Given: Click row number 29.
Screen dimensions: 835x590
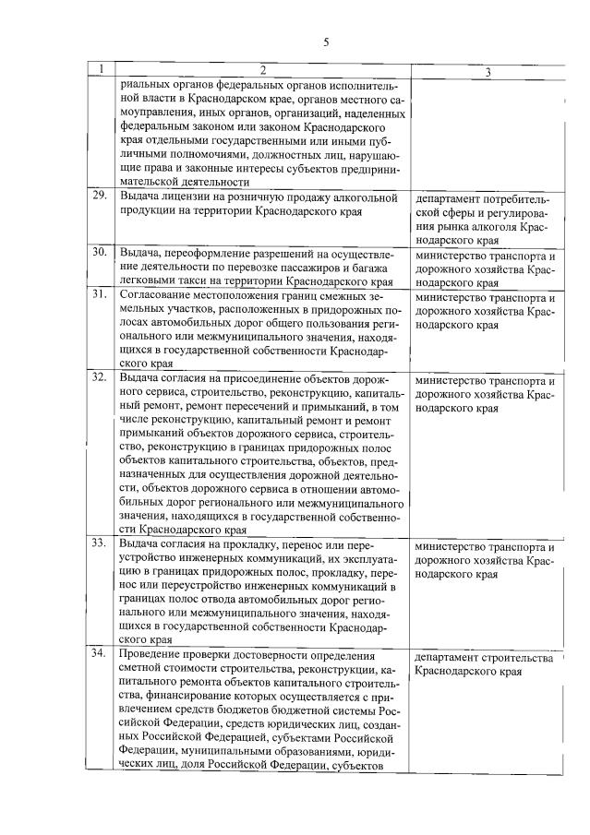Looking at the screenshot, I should [x=100, y=197].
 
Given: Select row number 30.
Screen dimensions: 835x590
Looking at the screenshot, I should [x=100, y=252].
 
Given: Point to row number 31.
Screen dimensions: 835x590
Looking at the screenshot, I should [x=100, y=297].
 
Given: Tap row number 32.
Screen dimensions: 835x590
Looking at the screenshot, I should [x=100, y=378].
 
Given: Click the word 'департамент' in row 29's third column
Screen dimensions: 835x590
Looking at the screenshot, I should [x=455, y=197].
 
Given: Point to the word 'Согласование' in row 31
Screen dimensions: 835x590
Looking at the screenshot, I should [x=157, y=297].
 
